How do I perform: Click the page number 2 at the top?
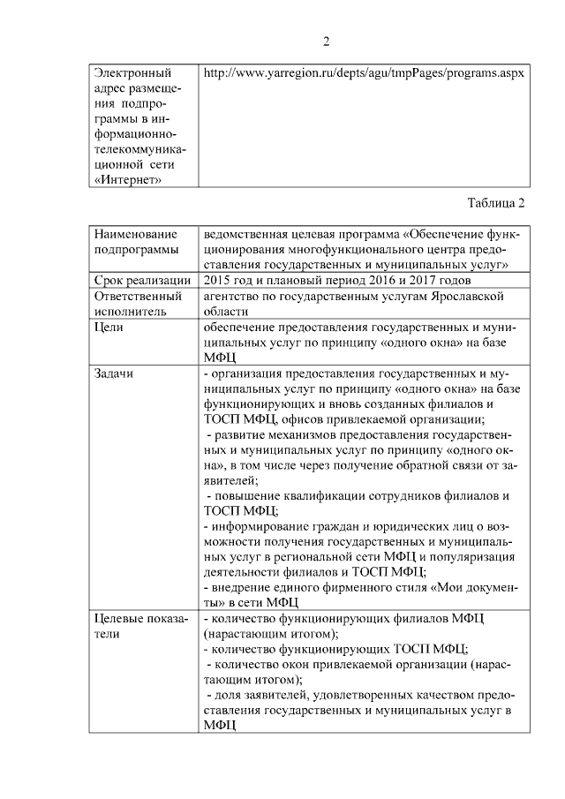click(326, 41)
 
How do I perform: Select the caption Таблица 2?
click(496, 204)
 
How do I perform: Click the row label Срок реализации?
click(142, 280)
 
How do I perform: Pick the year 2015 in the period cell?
click(217, 280)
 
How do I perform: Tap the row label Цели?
click(109, 327)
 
